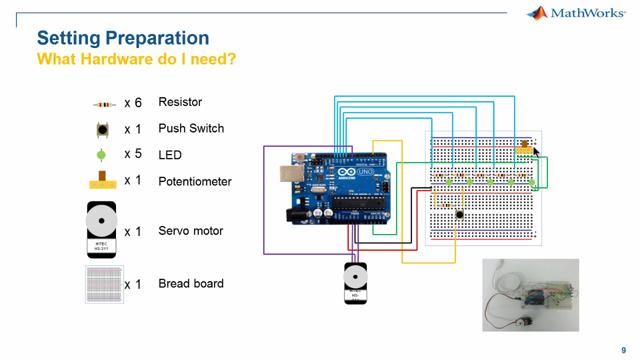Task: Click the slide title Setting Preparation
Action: tap(122, 38)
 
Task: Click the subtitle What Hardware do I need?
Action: tap(136, 60)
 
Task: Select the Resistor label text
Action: tap(180, 102)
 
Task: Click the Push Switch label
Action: tap(191, 128)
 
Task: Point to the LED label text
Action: tap(170, 155)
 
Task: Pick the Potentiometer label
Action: tap(195, 181)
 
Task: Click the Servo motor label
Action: tap(190, 231)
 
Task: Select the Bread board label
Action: tap(191, 283)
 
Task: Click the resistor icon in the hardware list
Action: tap(103, 103)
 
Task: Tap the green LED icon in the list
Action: tap(100, 155)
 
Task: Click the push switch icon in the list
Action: tap(101, 129)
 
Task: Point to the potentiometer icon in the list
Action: tap(101, 181)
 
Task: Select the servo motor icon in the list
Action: tap(101, 230)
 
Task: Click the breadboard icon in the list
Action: tap(102, 284)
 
